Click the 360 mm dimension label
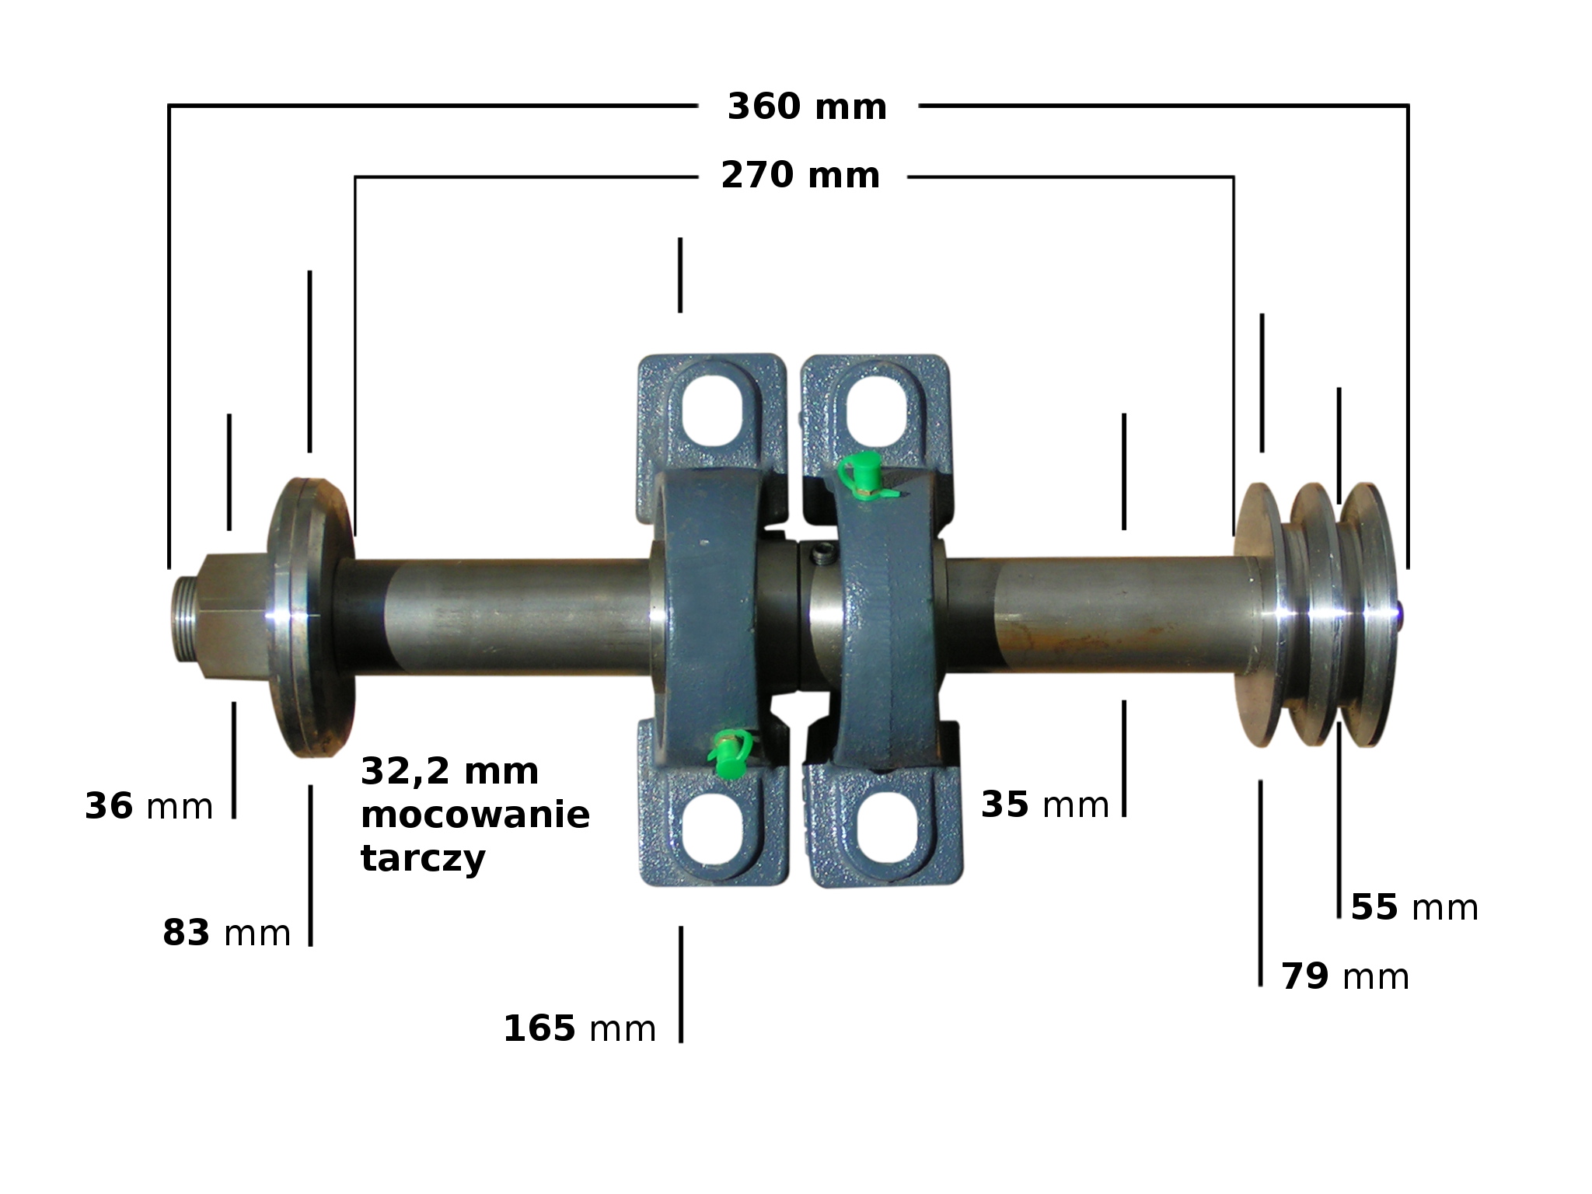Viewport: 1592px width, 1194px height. click(807, 106)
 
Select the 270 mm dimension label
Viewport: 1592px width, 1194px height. click(801, 175)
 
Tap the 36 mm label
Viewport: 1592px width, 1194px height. click(148, 806)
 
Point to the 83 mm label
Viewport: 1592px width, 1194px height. click(226, 932)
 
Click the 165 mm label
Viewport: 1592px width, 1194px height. click(580, 1028)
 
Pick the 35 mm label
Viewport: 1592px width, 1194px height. click(1045, 805)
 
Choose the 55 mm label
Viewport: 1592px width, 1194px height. click(1415, 907)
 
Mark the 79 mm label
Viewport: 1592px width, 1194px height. click(1346, 976)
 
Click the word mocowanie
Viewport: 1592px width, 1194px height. click(476, 815)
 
